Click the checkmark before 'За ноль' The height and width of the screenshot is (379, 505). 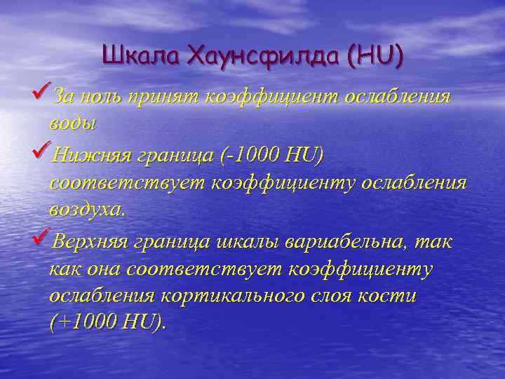click(x=41, y=93)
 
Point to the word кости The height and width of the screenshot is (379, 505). click(x=391, y=295)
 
